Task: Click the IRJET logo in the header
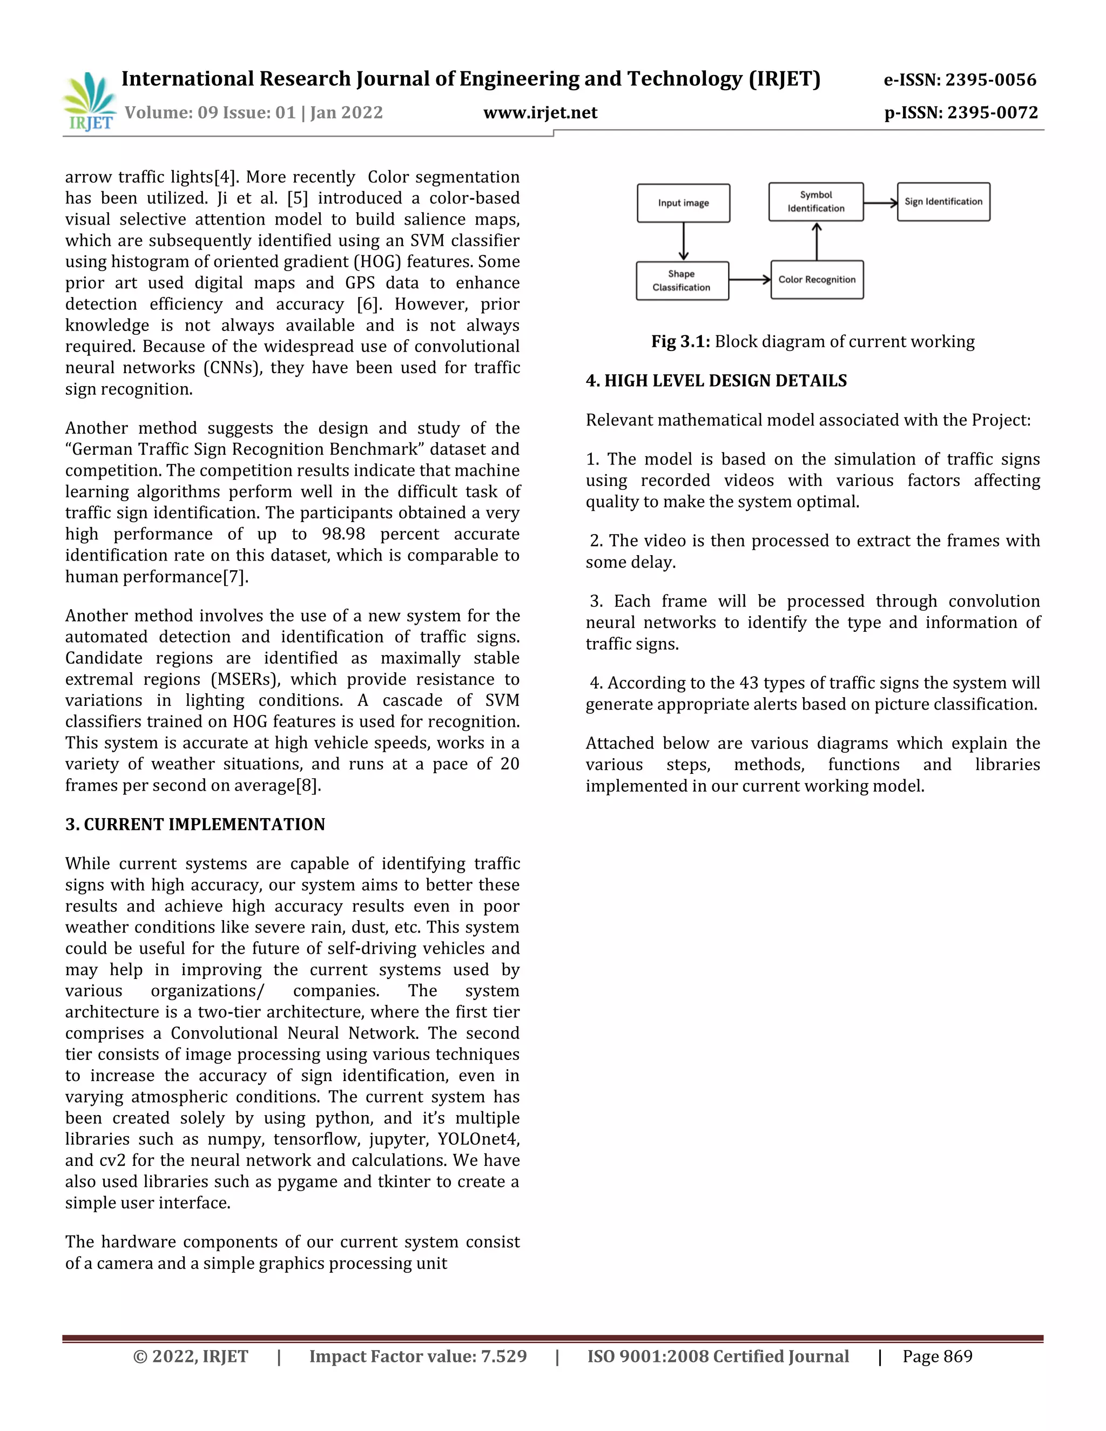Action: pyautogui.click(x=89, y=102)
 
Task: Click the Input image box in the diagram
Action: pyautogui.click(x=683, y=203)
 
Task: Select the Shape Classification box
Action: pyautogui.click(x=682, y=280)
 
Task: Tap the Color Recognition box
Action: pyautogui.click(x=817, y=280)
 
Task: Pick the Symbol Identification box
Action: pyautogui.click(x=816, y=202)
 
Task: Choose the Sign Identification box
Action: pyautogui.click(x=943, y=202)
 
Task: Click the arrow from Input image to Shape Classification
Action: pyautogui.click(x=683, y=242)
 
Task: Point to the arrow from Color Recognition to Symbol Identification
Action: pyautogui.click(x=817, y=241)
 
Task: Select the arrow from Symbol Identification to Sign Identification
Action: pyautogui.click(x=880, y=202)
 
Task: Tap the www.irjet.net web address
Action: pyautogui.click(x=540, y=113)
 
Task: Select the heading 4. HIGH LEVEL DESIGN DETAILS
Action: pyautogui.click(x=716, y=381)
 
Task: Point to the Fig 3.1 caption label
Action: pyautogui.click(x=679, y=341)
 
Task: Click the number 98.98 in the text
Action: pyautogui.click(x=343, y=534)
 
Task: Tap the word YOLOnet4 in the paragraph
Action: pyautogui.click(x=477, y=1139)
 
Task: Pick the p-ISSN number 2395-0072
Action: pyautogui.click(x=992, y=113)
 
